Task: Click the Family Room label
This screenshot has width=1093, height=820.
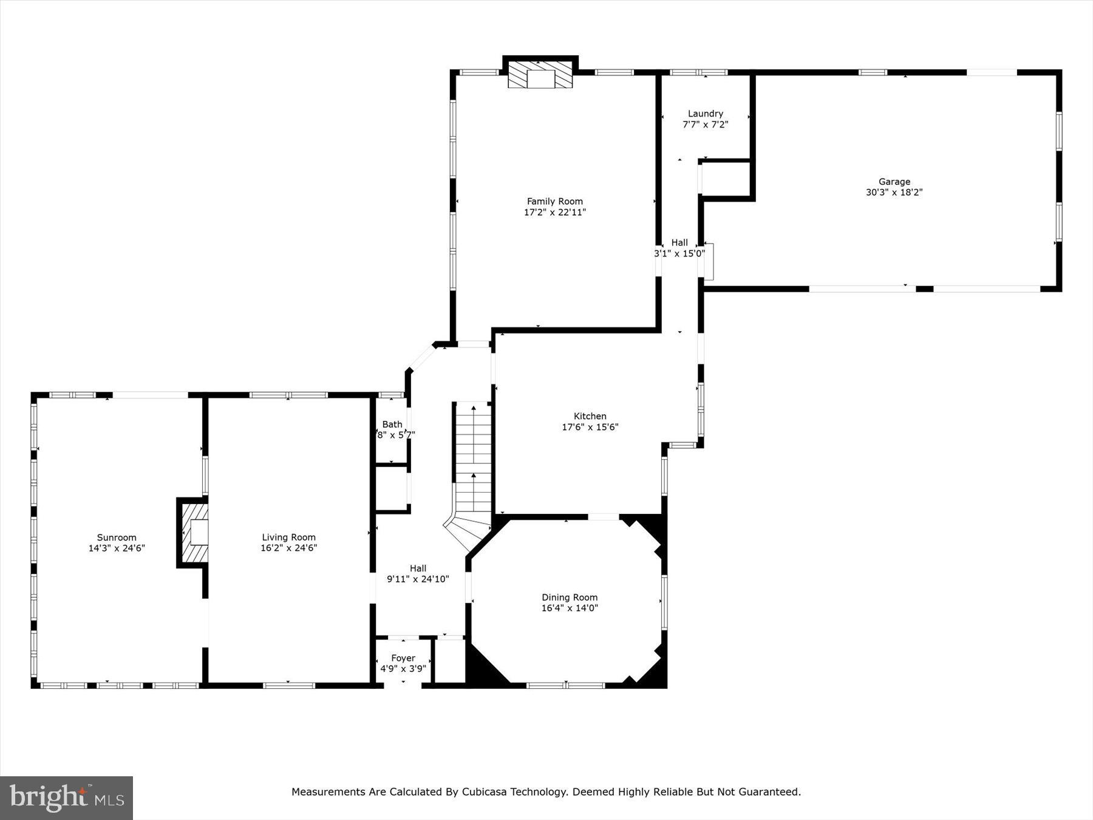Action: point(554,201)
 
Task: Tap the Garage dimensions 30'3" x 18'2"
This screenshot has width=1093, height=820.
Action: point(894,193)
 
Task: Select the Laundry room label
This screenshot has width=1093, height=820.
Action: point(705,114)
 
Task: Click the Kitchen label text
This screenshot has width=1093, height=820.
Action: point(590,416)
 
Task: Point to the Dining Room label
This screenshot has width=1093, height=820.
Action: point(570,597)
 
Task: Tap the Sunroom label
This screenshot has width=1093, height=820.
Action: point(117,538)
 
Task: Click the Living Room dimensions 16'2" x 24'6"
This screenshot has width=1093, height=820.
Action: point(288,548)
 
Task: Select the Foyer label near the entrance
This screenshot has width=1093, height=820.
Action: point(403,658)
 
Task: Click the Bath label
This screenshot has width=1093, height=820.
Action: point(392,425)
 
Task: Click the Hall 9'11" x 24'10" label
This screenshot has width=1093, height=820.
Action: point(418,574)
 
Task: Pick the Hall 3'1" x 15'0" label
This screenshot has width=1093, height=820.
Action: point(679,248)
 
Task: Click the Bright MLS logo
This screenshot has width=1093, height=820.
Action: point(67,798)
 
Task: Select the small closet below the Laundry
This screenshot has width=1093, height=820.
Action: point(726,179)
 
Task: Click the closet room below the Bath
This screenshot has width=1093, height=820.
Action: point(392,489)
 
